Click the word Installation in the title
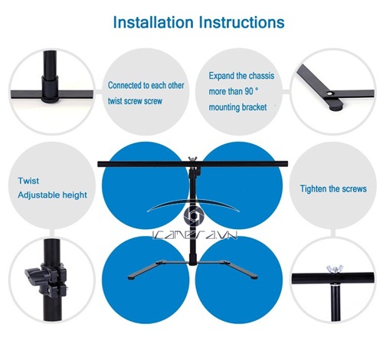click(x=153, y=22)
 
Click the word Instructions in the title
click(x=241, y=22)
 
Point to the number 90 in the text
click(x=249, y=91)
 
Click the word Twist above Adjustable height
click(x=28, y=181)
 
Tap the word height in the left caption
click(x=75, y=195)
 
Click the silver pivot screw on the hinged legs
click(x=331, y=94)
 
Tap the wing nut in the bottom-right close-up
click(x=335, y=269)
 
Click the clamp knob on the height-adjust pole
click(x=32, y=276)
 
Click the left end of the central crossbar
click(x=99, y=164)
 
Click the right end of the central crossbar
click(x=286, y=163)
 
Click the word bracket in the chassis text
click(x=254, y=107)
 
